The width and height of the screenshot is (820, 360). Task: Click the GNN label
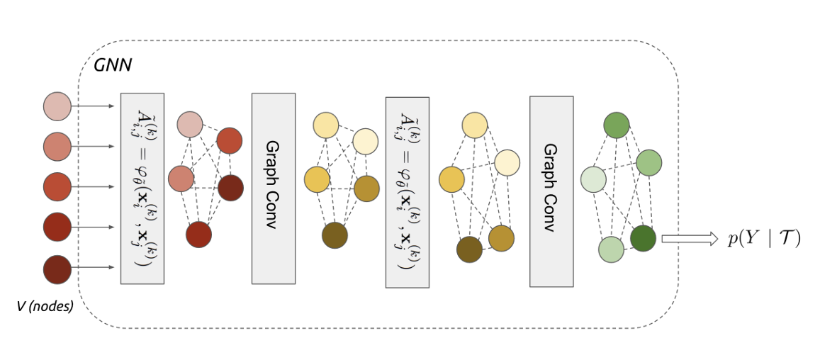(x=113, y=66)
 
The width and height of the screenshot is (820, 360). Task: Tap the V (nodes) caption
(x=45, y=307)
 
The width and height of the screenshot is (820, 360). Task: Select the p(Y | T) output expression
(x=764, y=239)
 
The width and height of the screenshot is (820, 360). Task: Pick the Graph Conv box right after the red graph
(x=273, y=188)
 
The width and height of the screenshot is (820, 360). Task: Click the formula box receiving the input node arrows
(x=142, y=188)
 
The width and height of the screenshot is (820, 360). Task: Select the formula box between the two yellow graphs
(x=407, y=191)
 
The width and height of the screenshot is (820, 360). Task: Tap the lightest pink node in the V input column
(x=56, y=106)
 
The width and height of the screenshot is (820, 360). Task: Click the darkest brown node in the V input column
(x=56, y=267)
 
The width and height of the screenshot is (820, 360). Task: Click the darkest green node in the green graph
(x=643, y=238)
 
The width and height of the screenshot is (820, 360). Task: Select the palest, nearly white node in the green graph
(x=593, y=179)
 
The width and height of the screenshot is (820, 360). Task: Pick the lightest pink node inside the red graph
(x=190, y=125)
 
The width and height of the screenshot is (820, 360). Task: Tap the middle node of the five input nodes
(x=56, y=186)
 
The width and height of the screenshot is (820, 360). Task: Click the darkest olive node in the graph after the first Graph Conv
(x=335, y=235)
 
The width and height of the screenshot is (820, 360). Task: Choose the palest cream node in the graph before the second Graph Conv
(x=507, y=163)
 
